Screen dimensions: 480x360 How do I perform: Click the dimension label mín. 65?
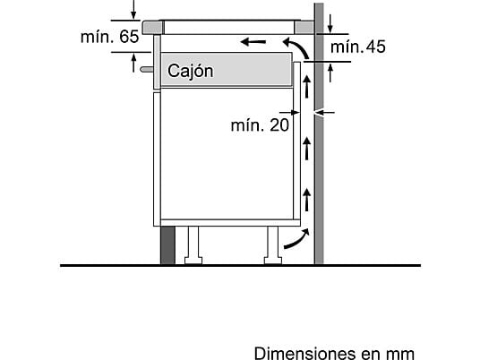click(109, 37)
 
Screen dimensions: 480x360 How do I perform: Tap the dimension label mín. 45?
click(358, 47)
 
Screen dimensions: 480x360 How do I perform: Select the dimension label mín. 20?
click(260, 124)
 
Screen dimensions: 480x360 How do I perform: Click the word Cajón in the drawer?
click(191, 71)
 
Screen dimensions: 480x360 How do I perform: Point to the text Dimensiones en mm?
click(334, 353)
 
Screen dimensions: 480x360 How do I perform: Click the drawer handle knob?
click(147, 70)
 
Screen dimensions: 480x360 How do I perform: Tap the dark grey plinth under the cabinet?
click(167, 244)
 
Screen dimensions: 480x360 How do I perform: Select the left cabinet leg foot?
click(193, 261)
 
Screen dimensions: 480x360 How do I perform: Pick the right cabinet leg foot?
click(273, 261)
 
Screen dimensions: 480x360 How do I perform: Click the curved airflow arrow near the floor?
click(298, 241)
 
